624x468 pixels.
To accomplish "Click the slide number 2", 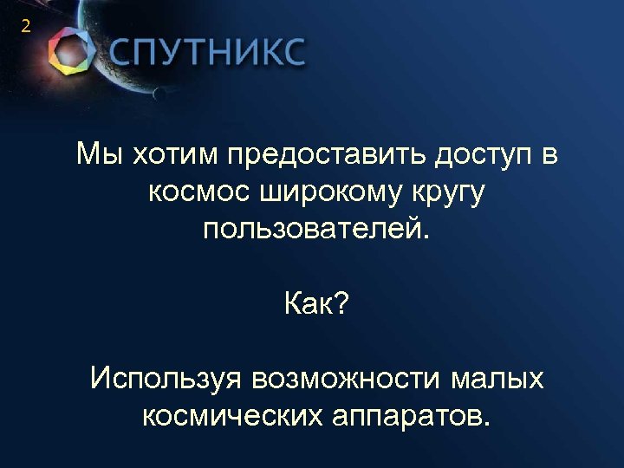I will pos(25,27).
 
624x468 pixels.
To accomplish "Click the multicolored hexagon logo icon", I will pos(70,51).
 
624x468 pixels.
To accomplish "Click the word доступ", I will pos(478,157).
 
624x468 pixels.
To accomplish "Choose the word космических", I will pos(230,416).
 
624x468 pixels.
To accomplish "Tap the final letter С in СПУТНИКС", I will pos(292,55).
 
